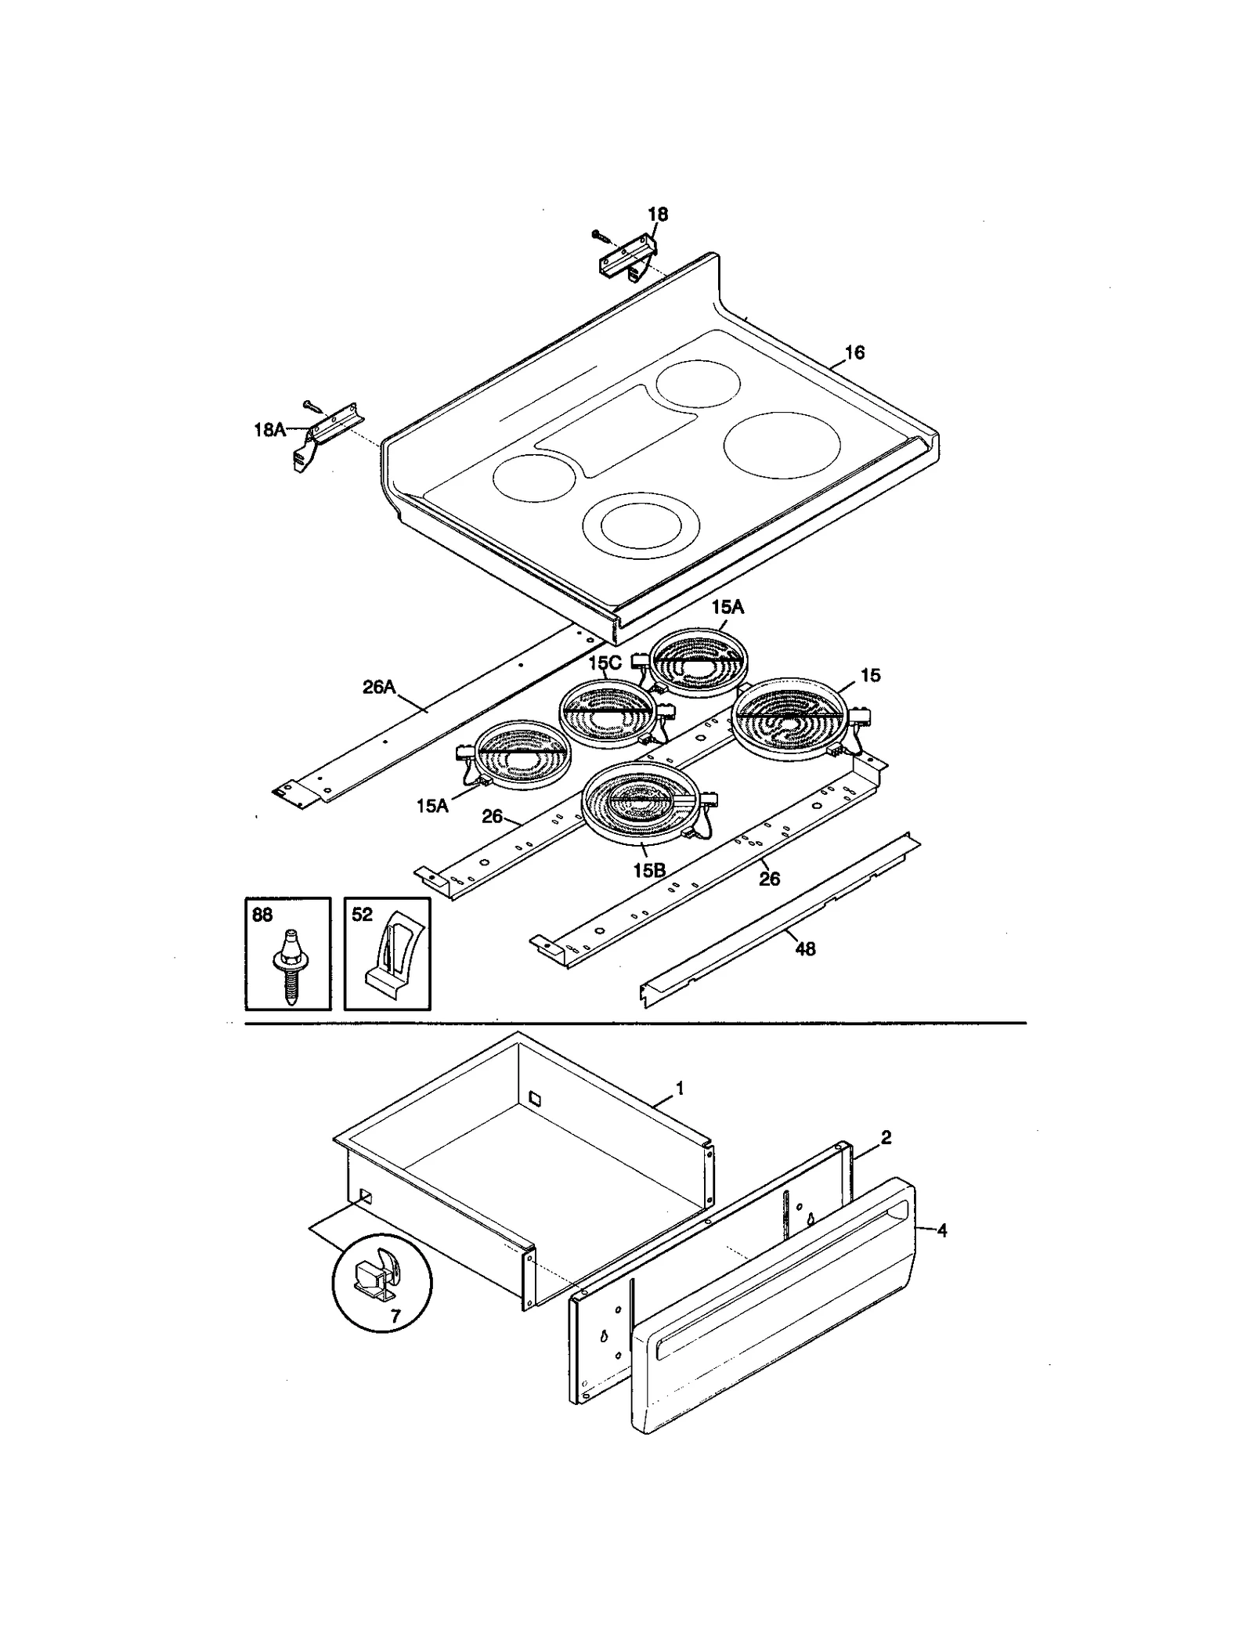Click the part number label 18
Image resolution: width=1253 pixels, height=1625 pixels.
pos(657,214)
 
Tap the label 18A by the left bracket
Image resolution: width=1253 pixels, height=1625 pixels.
pos(269,429)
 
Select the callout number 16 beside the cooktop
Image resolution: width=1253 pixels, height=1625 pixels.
pos(854,352)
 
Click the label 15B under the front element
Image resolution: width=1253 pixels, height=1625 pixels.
pos(649,870)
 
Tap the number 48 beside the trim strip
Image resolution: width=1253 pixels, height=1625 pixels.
pos(804,948)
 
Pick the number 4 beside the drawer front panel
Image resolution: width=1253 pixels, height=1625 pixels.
pos(941,1230)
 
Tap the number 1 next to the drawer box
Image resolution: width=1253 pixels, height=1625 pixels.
pos(680,1088)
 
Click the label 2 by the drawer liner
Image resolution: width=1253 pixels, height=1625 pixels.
pos(885,1137)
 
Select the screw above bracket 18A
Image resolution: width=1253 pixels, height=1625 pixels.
pos(311,404)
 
